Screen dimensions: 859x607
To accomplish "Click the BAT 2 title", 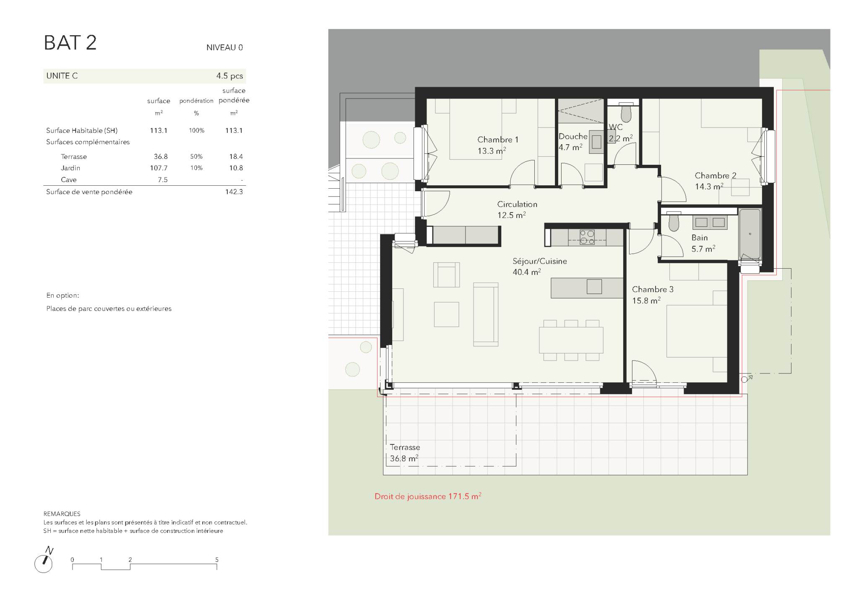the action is [70, 43].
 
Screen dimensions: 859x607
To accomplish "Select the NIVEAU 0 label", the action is [224, 47].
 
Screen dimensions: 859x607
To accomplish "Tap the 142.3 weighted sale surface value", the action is [234, 192].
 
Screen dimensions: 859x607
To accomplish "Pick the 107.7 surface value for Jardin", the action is [159, 168].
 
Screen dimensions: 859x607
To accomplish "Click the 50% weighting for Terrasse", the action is [196, 156].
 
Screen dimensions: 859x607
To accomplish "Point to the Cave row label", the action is [68, 179].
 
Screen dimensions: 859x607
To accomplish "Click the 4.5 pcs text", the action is [229, 76].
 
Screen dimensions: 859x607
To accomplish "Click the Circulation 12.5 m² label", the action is [517, 210].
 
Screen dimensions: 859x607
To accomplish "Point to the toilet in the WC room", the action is [626, 112].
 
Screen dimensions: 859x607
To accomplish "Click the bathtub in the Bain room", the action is [750, 234].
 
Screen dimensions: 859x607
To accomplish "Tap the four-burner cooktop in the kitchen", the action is [587, 237].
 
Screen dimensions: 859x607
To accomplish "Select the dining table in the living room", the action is [571, 340].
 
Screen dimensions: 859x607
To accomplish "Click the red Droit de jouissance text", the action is [428, 496].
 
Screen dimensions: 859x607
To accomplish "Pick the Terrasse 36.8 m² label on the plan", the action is [405, 453].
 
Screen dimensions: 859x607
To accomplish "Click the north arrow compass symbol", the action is [44, 560].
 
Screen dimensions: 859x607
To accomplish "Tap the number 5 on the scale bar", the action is [217, 560].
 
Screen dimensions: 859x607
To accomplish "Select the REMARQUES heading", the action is [62, 514].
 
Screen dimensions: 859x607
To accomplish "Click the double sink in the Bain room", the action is [710, 222].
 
